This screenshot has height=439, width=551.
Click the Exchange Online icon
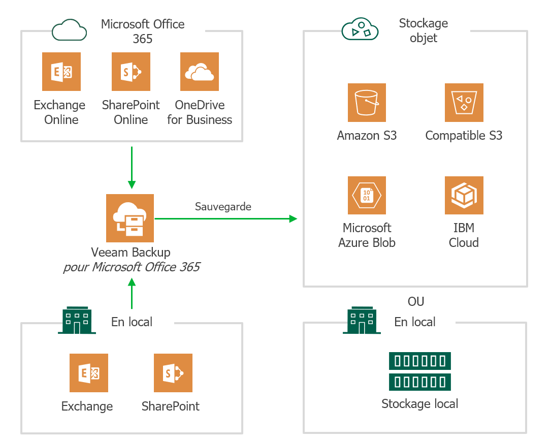[x=61, y=72]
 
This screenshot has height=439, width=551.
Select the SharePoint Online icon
[x=131, y=72]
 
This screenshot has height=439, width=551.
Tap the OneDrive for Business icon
[x=200, y=72]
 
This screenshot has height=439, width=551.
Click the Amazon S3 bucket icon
[x=367, y=103]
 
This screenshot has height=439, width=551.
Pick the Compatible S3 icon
[x=464, y=103]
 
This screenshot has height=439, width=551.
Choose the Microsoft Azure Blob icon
[x=367, y=195]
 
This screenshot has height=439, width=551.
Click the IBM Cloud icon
[x=464, y=195]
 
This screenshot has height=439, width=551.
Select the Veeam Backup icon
[x=130, y=218]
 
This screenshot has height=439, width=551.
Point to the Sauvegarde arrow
[x=225, y=218]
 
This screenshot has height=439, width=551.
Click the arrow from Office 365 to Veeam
[x=132, y=167]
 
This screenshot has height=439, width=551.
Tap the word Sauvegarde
[x=223, y=206]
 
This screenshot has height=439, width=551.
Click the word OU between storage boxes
[x=416, y=301]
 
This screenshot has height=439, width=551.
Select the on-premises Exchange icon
[x=89, y=373]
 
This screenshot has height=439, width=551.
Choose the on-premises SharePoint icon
[x=173, y=373]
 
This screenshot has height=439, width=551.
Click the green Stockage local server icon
[x=420, y=371]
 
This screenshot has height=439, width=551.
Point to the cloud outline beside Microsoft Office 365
[x=70, y=30]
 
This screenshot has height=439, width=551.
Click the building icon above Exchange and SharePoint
[x=77, y=320]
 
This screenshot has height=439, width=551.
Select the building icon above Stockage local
[x=362, y=320]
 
